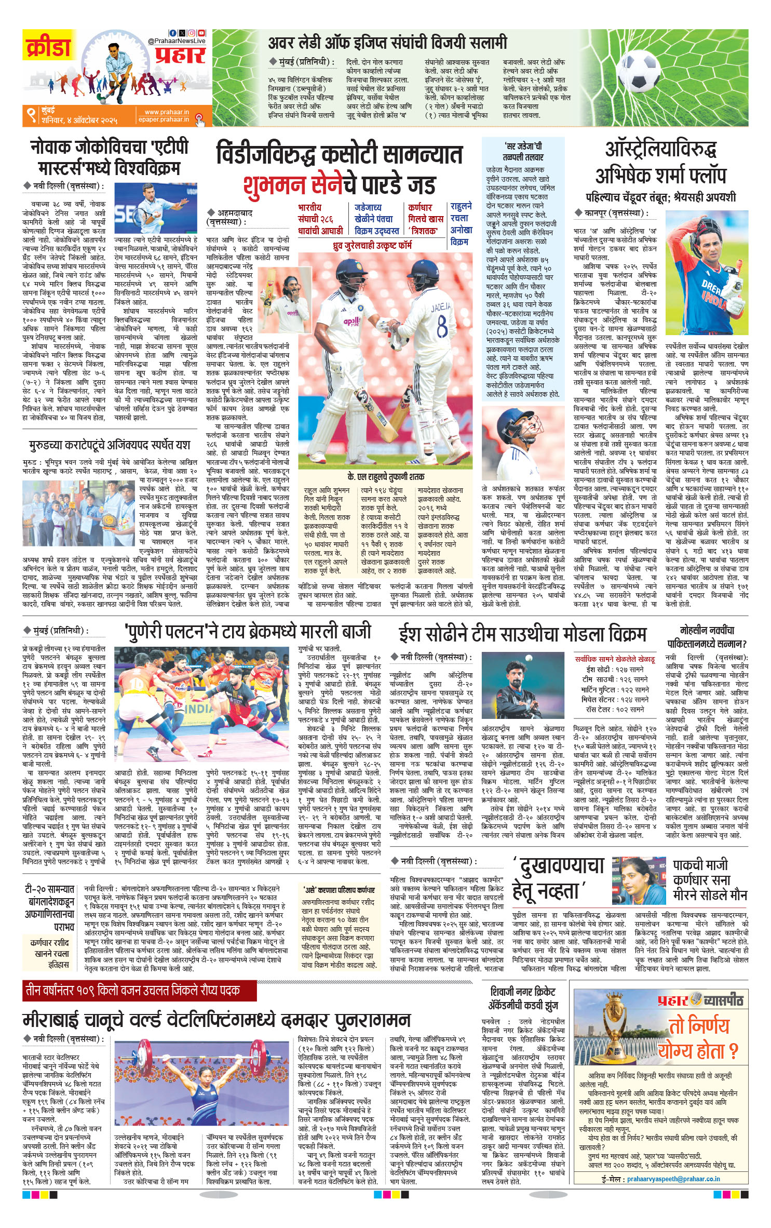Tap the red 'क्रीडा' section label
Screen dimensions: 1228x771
coord(47,48)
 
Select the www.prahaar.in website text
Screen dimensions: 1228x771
coord(166,112)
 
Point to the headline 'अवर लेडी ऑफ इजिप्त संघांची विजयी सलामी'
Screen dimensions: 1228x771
coord(387,43)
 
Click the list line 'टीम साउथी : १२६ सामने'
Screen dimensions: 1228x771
coord(615,679)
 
